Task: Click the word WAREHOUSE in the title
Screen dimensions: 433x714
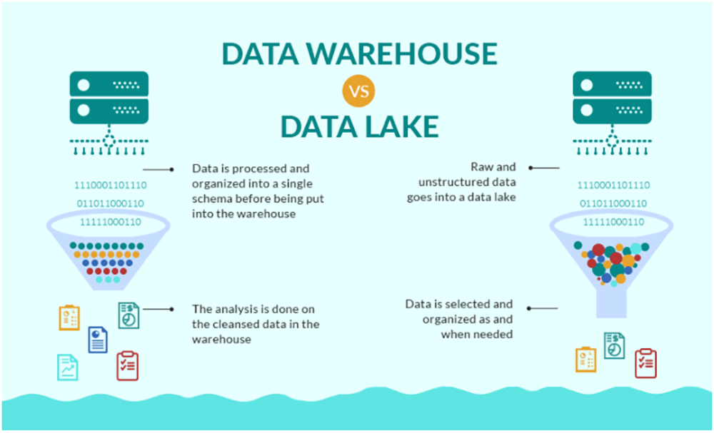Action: click(x=408, y=54)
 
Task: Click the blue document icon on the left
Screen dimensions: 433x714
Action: click(x=98, y=339)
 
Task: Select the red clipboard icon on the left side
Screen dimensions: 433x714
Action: click(x=127, y=365)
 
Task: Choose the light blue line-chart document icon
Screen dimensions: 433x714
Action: click(x=68, y=367)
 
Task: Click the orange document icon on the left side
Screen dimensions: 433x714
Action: click(x=69, y=318)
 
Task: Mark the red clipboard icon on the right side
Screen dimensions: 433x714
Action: click(x=645, y=362)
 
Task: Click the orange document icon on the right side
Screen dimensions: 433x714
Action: click(x=586, y=359)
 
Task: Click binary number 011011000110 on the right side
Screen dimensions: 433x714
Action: click(x=614, y=203)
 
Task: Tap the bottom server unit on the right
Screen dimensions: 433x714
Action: click(x=613, y=111)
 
